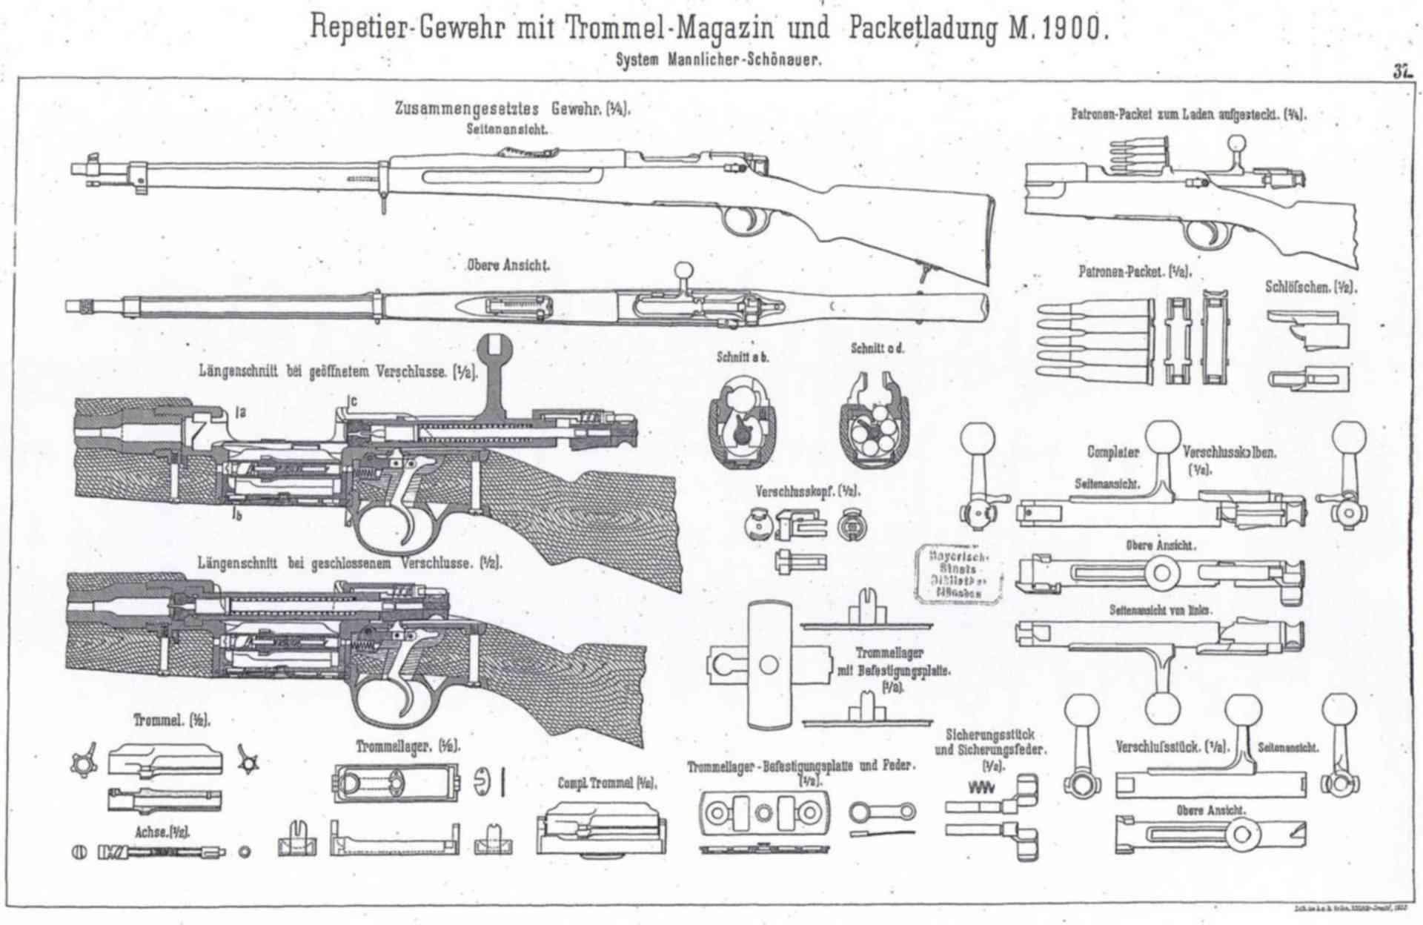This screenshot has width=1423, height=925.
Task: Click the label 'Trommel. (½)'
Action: pos(171,720)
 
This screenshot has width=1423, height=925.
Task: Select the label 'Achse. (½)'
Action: pos(162,832)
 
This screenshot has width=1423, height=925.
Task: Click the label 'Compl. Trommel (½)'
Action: pos(607,783)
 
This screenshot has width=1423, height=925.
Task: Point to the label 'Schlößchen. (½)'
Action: pos(1310,287)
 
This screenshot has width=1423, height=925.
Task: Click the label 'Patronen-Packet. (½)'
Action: pos(1134,272)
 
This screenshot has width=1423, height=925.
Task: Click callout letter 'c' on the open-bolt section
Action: pos(354,401)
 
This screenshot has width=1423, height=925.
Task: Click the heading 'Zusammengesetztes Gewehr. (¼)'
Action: pos(512,109)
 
